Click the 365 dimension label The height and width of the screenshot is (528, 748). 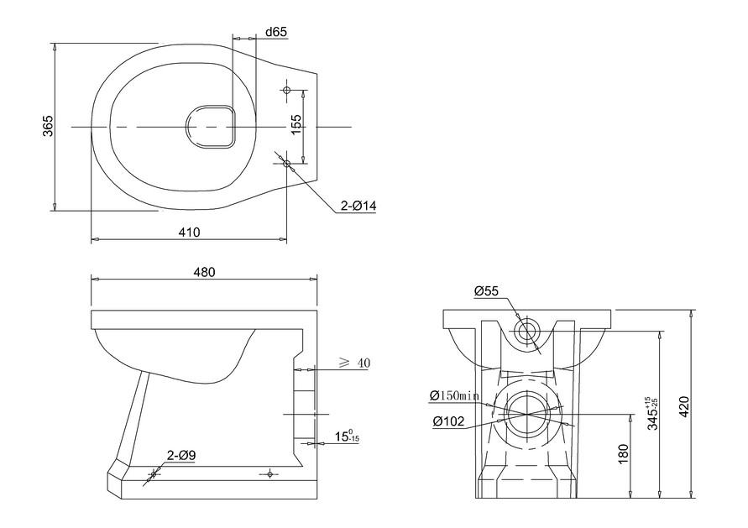(48, 126)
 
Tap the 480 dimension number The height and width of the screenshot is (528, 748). (205, 272)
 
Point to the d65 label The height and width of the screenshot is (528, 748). (276, 32)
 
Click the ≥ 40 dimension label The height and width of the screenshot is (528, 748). (353, 363)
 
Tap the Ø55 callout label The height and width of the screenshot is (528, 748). (486, 291)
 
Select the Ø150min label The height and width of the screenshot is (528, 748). (454, 395)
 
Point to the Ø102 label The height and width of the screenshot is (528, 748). (449, 421)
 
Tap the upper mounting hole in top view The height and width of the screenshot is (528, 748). (286, 89)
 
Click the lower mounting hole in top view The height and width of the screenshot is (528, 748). (286, 163)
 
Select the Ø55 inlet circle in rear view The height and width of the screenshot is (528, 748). (526, 330)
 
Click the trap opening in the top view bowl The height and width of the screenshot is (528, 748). (210, 127)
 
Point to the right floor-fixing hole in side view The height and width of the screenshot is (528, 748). (269, 474)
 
